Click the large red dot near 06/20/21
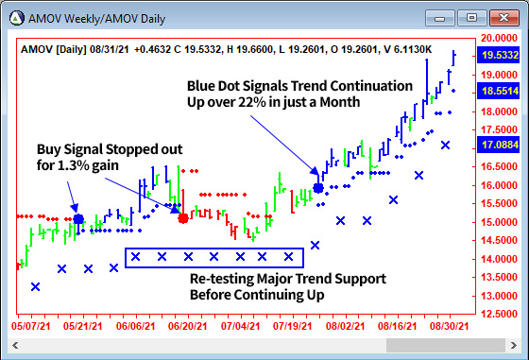(183, 218)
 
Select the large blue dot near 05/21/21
(78, 219)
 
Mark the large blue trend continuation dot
(318, 188)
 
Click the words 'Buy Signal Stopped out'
(110, 149)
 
